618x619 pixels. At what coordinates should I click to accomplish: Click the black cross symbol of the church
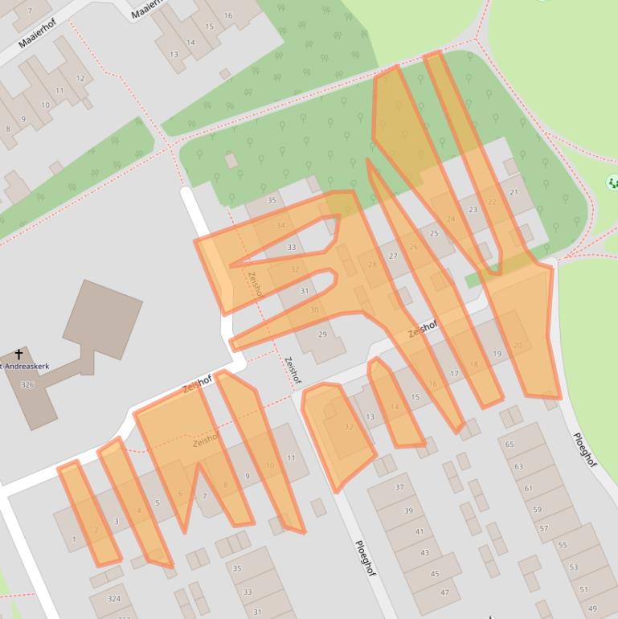point(19,354)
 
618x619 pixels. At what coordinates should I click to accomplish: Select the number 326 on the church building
point(27,385)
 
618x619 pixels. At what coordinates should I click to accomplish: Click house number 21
point(514,192)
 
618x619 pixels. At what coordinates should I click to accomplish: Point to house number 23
point(473,210)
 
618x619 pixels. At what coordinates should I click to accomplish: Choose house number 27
point(393,256)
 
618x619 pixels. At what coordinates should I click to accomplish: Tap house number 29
point(322,334)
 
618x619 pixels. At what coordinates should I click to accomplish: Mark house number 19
point(497,354)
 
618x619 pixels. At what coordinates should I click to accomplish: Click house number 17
point(454,374)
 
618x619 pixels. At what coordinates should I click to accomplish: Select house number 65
point(510,444)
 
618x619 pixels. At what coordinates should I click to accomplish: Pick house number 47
point(444,592)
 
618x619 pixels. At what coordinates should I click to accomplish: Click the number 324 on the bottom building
point(113,599)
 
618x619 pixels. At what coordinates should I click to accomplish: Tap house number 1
point(74,539)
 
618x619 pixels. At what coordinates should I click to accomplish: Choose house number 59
point(538,509)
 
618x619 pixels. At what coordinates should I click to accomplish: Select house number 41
point(420,532)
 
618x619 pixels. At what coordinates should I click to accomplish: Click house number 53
point(573,567)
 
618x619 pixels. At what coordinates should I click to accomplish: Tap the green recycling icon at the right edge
point(612,183)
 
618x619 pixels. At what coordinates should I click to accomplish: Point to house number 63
point(518,466)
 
